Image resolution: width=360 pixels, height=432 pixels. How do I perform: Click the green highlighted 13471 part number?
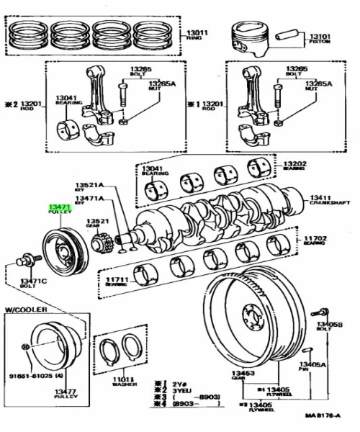click(x=58, y=207)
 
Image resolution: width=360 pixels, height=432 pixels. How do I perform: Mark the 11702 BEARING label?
click(x=315, y=240)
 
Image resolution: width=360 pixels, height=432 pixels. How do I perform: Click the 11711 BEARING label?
click(x=117, y=281)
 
